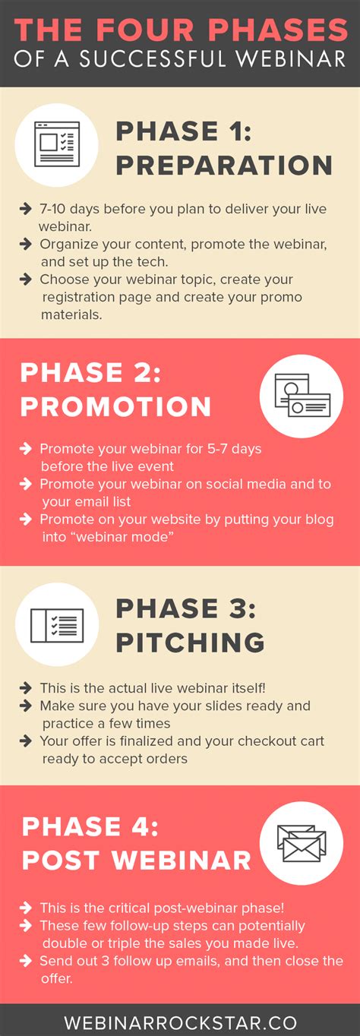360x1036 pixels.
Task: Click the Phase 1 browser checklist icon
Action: (57, 144)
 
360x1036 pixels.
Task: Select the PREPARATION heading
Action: (223, 166)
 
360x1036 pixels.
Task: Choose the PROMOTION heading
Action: (115, 406)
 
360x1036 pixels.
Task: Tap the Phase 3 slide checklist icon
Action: (57, 624)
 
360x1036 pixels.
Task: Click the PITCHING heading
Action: (190, 643)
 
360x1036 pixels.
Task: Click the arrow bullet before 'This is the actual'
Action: (27, 688)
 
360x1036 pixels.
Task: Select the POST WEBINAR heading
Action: (136, 860)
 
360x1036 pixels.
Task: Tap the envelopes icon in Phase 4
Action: (301, 842)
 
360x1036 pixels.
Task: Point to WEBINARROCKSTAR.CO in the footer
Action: (180, 1022)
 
